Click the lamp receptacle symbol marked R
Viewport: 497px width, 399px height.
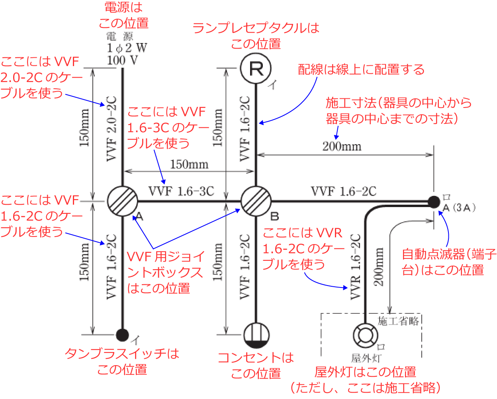[256, 68]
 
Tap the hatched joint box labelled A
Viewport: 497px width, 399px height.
[122, 201]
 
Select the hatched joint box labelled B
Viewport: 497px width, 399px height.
[256, 201]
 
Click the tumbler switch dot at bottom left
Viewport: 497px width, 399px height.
[122, 335]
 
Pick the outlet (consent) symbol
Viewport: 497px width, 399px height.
[256, 335]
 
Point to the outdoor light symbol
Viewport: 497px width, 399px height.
[365, 335]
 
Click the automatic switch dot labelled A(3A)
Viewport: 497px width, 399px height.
[434, 201]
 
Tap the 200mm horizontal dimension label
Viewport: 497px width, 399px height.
[342, 147]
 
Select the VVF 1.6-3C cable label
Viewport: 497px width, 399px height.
[181, 192]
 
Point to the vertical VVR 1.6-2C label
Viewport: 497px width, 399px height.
[355, 266]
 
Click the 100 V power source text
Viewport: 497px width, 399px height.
[122, 61]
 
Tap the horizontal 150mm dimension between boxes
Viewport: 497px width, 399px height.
[189, 164]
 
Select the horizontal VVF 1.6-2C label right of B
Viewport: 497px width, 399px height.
[343, 192]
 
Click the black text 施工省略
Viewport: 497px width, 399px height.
[398, 321]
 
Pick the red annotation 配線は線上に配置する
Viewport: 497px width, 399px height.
[361, 70]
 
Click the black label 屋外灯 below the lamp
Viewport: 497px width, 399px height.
[366, 358]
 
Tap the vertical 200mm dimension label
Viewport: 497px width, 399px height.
[379, 267]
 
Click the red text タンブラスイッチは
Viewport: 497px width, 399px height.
[122, 353]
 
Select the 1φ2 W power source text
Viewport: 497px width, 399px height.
[127, 48]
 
